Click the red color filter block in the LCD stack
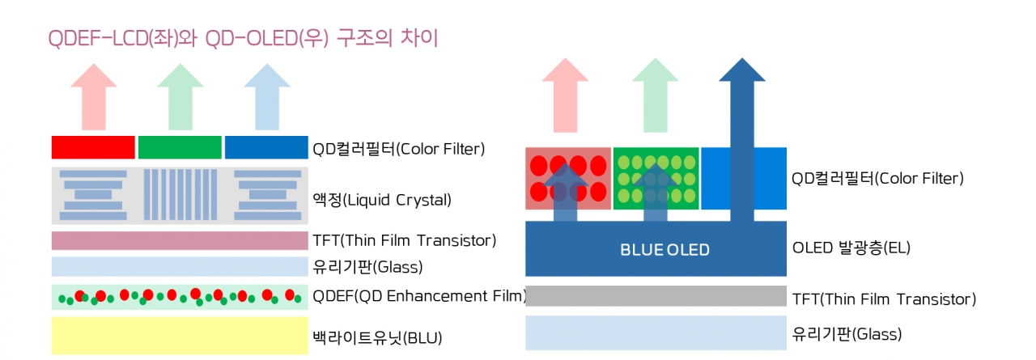[93, 147]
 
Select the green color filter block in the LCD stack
[180, 147]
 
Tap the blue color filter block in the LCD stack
[266, 147]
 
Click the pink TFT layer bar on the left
[180, 241]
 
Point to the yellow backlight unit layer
[180, 336]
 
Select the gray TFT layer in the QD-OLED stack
[656, 296]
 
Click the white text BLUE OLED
[664, 249]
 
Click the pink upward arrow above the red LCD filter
[94, 96]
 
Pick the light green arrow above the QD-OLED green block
[656, 95]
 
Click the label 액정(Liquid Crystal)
[382, 200]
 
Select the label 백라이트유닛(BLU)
[377, 337]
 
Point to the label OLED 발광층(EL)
[851, 248]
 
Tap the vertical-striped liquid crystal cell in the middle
[180, 194]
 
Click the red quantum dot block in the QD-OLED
[568, 179]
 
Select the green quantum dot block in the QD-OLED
[656, 179]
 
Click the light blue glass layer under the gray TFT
[656, 332]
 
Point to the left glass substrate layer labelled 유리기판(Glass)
[180, 267]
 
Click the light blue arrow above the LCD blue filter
[267, 96]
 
